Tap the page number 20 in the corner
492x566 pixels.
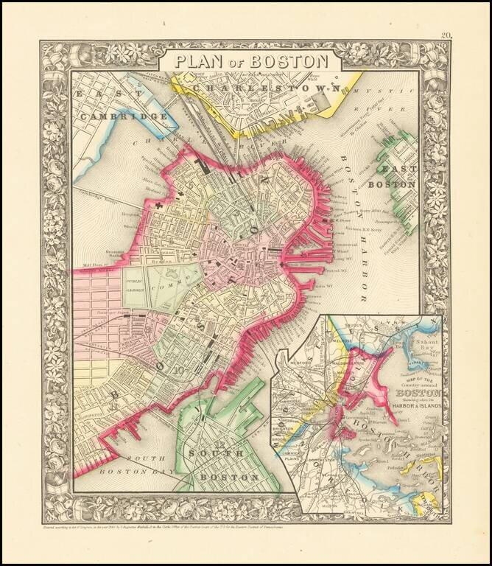446,35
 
